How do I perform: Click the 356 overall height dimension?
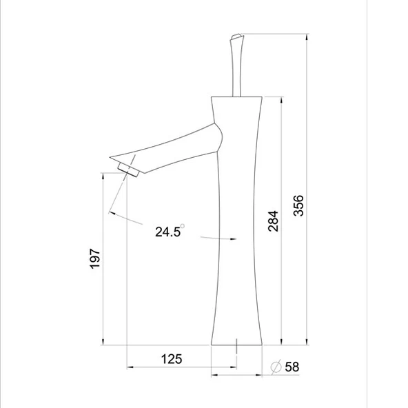coord(298,205)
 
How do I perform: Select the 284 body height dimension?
coord(273,221)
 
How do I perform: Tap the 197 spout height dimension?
coord(94,258)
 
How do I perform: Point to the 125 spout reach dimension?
coord(172,359)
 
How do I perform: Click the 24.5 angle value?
coord(167,232)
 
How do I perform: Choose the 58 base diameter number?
coord(292,367)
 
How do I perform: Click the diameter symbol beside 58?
coord(276,367)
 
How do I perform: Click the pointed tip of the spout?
coord(110,157)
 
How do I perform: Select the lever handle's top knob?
coord(236,37)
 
